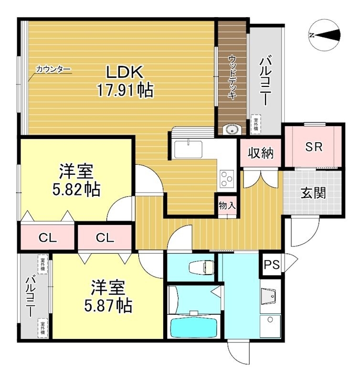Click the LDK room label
pos(125,72)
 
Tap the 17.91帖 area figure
pos(125,90)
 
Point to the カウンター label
pos(53,70)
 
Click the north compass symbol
pos(324,35)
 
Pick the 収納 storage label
pos(260,153)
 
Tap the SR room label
pos(314,147)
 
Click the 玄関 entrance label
pos(313,193)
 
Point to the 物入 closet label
pos(227,206)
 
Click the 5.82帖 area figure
pos(76,190)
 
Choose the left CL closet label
pos(48,238)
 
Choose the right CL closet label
pos(104,238)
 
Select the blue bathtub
pos(194,327)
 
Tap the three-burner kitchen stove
pos(226,180)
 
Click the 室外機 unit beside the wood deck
pos(256,124)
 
